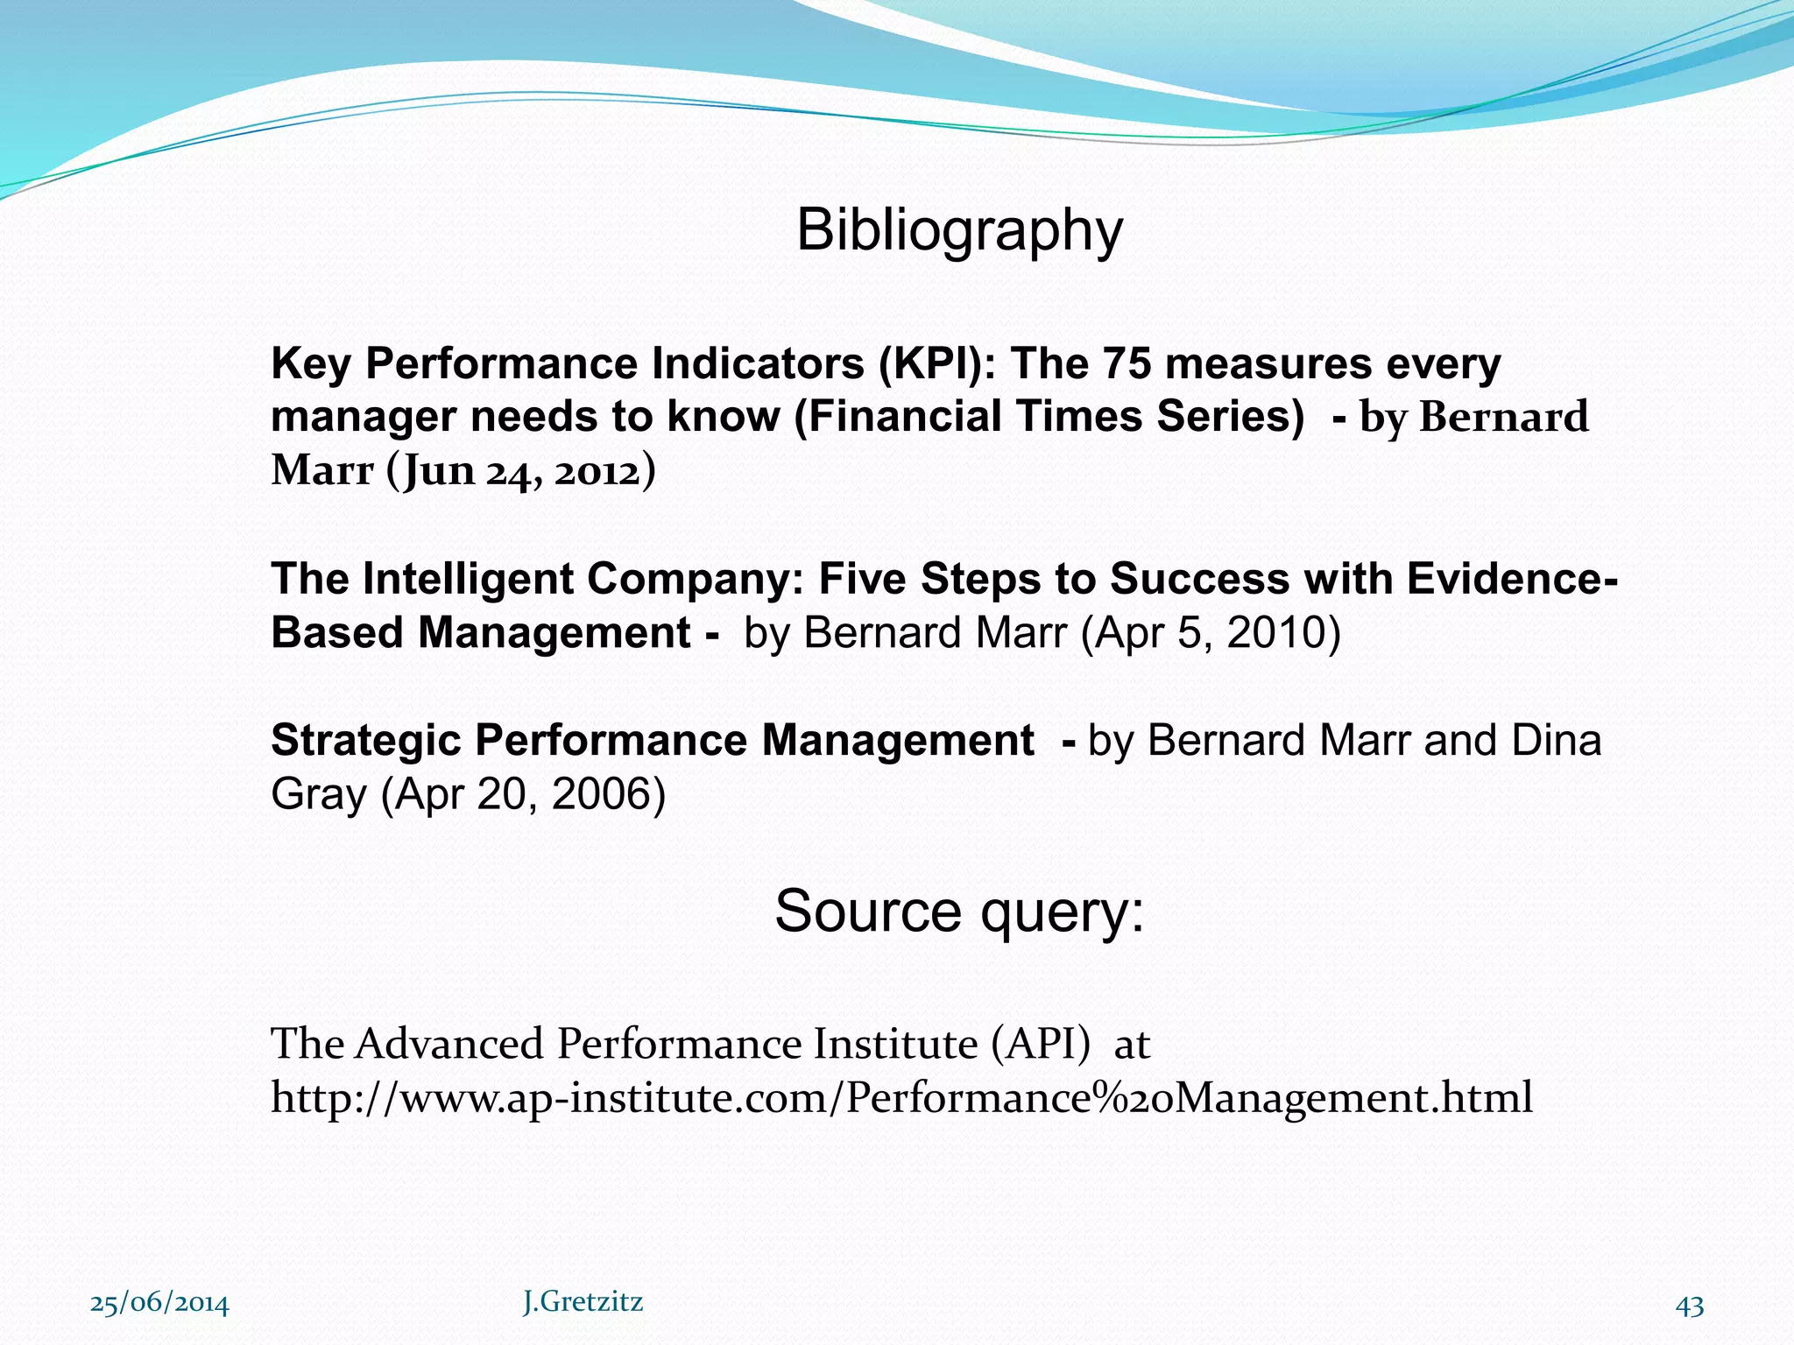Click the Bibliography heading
[959, 231]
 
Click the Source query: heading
[959, 912]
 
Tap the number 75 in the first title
[1127, 363]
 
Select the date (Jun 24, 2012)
[520, 471]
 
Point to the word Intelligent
[469, 580]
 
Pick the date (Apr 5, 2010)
[1211, 633]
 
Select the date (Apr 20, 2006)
[523, 795]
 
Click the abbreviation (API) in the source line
[1042, 1044]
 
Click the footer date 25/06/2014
[159, 1304]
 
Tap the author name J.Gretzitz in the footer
[583, 1302]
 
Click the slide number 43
[1690, 1306]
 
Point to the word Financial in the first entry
[888, 417]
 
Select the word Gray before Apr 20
[319, 795]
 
